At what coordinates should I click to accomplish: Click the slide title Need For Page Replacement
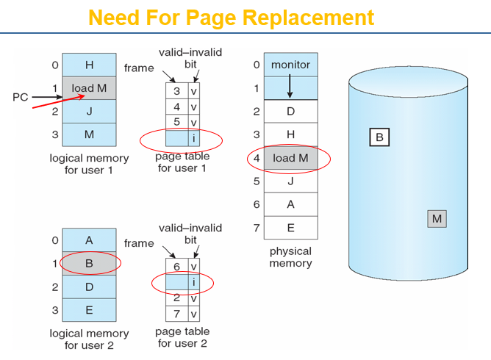(231, 17)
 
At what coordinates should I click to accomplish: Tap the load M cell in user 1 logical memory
(89, 88)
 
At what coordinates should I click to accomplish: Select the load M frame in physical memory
(290, 158)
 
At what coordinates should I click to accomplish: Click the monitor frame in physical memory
(290, 65)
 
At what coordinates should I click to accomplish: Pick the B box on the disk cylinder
(379, 137)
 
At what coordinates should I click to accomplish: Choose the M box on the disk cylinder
(437, 218)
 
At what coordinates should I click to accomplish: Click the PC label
(20, 97)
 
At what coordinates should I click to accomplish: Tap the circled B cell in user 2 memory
(89, 263)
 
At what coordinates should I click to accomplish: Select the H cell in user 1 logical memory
(89, 65)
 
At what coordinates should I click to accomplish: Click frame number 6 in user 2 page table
(177, 267)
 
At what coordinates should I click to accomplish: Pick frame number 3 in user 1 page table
(177, 91)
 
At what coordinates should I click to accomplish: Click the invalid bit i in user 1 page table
(193, 137)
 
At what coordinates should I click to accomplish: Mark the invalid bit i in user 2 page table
(193, 282)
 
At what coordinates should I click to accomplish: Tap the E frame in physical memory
(290, 228)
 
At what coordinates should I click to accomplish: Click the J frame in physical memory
(290, 181)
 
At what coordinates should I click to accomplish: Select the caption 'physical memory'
(290, 257)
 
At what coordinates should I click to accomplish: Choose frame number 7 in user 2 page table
(177, 314)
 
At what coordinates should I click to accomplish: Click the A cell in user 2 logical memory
(89, 240)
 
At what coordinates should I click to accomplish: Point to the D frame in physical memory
(290, 112)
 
